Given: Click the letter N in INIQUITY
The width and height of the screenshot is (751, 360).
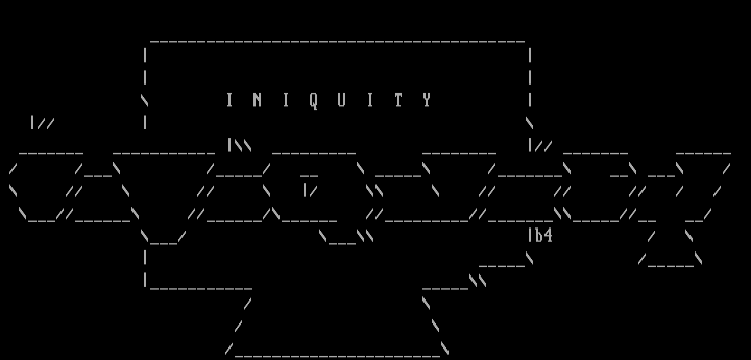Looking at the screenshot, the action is click(257, 100).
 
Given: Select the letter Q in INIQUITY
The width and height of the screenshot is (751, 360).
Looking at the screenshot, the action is click(313, 101).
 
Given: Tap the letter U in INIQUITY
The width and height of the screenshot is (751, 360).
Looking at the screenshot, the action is click(342, 100).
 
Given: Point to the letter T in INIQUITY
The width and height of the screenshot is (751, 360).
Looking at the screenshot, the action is click(398, 100).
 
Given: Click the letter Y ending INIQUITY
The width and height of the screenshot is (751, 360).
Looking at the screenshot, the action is click(427, 100).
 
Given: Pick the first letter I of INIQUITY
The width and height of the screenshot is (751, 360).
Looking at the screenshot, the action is click(229, 100).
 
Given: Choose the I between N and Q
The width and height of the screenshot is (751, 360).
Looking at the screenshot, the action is click(286, 100).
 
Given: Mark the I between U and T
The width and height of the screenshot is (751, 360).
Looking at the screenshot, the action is click(370, 100).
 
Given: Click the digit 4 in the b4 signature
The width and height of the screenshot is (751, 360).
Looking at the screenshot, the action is click(548, 235).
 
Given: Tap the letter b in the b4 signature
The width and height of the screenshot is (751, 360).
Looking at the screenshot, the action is click(539, 235).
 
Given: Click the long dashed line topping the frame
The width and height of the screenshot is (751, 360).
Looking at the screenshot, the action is click(337, 42).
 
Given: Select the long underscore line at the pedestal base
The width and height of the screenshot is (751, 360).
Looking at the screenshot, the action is click(337, 356).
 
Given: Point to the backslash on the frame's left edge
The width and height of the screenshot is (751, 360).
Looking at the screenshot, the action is click(144, 100).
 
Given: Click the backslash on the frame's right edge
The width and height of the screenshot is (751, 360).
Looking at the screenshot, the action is click(529, 123).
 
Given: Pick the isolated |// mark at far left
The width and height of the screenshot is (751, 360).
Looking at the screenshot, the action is click(43, 123).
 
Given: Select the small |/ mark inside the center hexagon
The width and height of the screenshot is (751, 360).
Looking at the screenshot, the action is click(310, 190).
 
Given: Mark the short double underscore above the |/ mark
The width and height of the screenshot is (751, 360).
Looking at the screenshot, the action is click(309, 176).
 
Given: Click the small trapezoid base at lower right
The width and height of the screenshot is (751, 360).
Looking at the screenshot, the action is click(670, 260).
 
